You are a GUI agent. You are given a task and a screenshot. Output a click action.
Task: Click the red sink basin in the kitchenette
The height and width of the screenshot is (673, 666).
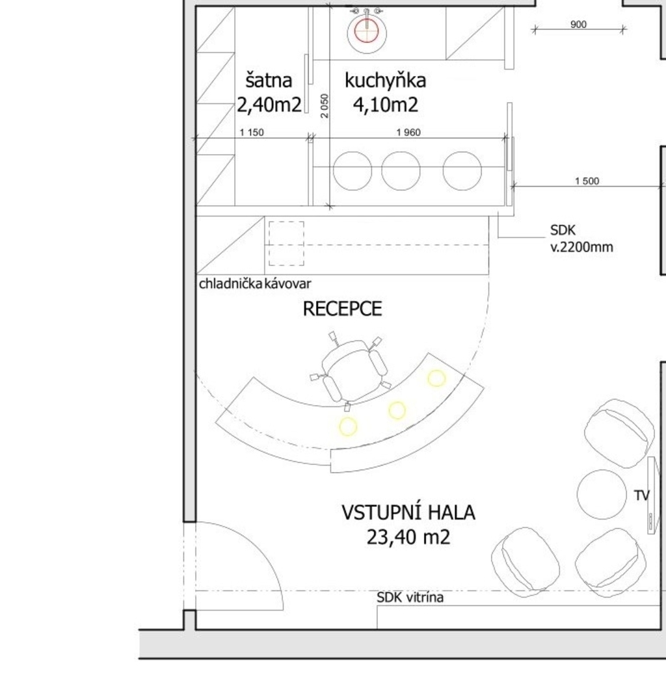tap(366, 31)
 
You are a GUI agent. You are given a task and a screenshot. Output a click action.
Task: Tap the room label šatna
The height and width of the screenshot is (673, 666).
tap(269, 81)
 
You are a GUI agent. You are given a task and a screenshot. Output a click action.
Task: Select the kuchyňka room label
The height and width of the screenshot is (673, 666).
tap(385, 81)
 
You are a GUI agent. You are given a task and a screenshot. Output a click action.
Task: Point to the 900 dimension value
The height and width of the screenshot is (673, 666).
tap(578, 25)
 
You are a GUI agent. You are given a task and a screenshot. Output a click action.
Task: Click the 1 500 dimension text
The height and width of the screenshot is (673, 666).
tap(587, 181)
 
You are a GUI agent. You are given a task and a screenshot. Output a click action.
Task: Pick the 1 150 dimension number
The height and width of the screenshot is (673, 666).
tap(252, 133)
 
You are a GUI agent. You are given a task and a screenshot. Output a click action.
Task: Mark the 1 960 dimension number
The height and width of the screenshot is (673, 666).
tap(408, 133)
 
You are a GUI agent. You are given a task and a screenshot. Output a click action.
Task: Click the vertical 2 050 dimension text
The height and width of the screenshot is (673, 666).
tap(325, 106)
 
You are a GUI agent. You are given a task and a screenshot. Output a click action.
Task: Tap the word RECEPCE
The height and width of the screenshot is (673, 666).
tap(342, 309)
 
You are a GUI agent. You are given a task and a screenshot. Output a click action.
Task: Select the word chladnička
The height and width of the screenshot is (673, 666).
tap(231, 284)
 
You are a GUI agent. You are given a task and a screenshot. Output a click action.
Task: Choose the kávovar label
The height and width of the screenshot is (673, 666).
tap(288, 284)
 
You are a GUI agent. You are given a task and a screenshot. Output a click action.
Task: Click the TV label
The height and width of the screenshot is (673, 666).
tap(642, 495)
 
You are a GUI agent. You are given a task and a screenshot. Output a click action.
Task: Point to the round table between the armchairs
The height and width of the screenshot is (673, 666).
tap(602, 494)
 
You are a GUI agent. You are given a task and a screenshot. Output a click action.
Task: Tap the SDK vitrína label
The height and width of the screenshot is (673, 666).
tap(410, 598)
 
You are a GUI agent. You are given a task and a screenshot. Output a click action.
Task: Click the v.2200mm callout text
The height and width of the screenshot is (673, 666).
tap(582, 247)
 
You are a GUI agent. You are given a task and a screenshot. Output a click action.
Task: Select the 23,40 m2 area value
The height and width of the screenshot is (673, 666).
tap(408, 537)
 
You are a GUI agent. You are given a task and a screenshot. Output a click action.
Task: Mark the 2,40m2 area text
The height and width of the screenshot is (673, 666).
tap(269, 105)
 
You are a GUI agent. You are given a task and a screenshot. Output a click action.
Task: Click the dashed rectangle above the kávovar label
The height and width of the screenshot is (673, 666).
tap(286, 244)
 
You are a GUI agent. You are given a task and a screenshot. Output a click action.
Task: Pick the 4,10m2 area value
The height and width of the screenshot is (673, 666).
tap(386, 105)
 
